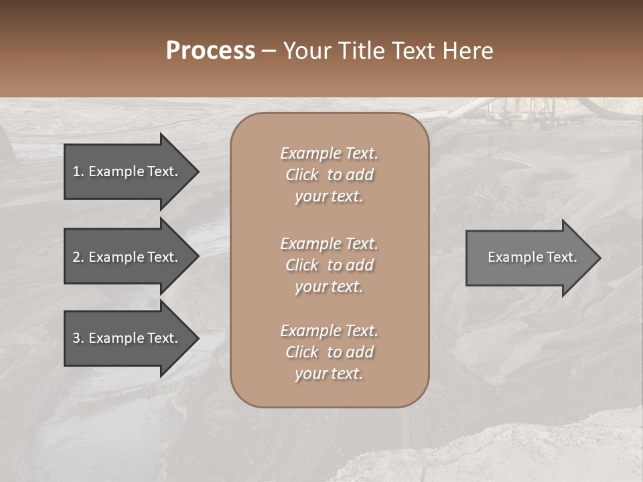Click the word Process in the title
(x=210, y=51)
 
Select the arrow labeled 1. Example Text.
(x=127, y=171)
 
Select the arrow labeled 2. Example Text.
(x=127, y=257)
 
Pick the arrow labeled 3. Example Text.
(x=127, y=338)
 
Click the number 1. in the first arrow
(x=78, y=171)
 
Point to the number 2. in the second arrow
(x=78, y=257)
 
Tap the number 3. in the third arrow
(x=78, y=338)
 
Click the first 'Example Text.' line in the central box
(x=329, y=153)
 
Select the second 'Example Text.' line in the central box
(x=329, y=244)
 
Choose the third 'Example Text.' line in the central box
(x=329, y=331)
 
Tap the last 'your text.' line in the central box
(x=329, y=374)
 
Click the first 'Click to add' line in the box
(x=329, y=175)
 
